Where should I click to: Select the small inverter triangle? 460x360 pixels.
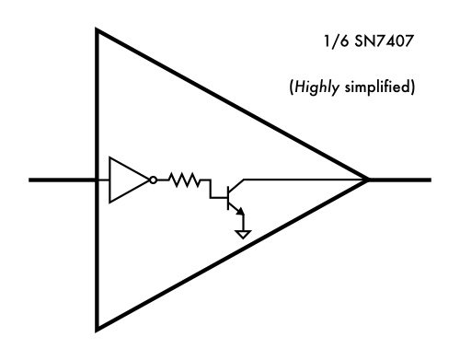pyautogui.click(x=126, y=180)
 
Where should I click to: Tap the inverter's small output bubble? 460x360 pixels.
pyautogui.click(x=153, y=180)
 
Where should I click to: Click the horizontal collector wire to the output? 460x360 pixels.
pyautogui.click(x=304, y=179)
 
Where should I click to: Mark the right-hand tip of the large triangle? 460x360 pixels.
pyautogui.click(x=368, y=180)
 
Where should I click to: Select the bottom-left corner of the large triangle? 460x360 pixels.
pyautogui.click(x=98, y=326)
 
